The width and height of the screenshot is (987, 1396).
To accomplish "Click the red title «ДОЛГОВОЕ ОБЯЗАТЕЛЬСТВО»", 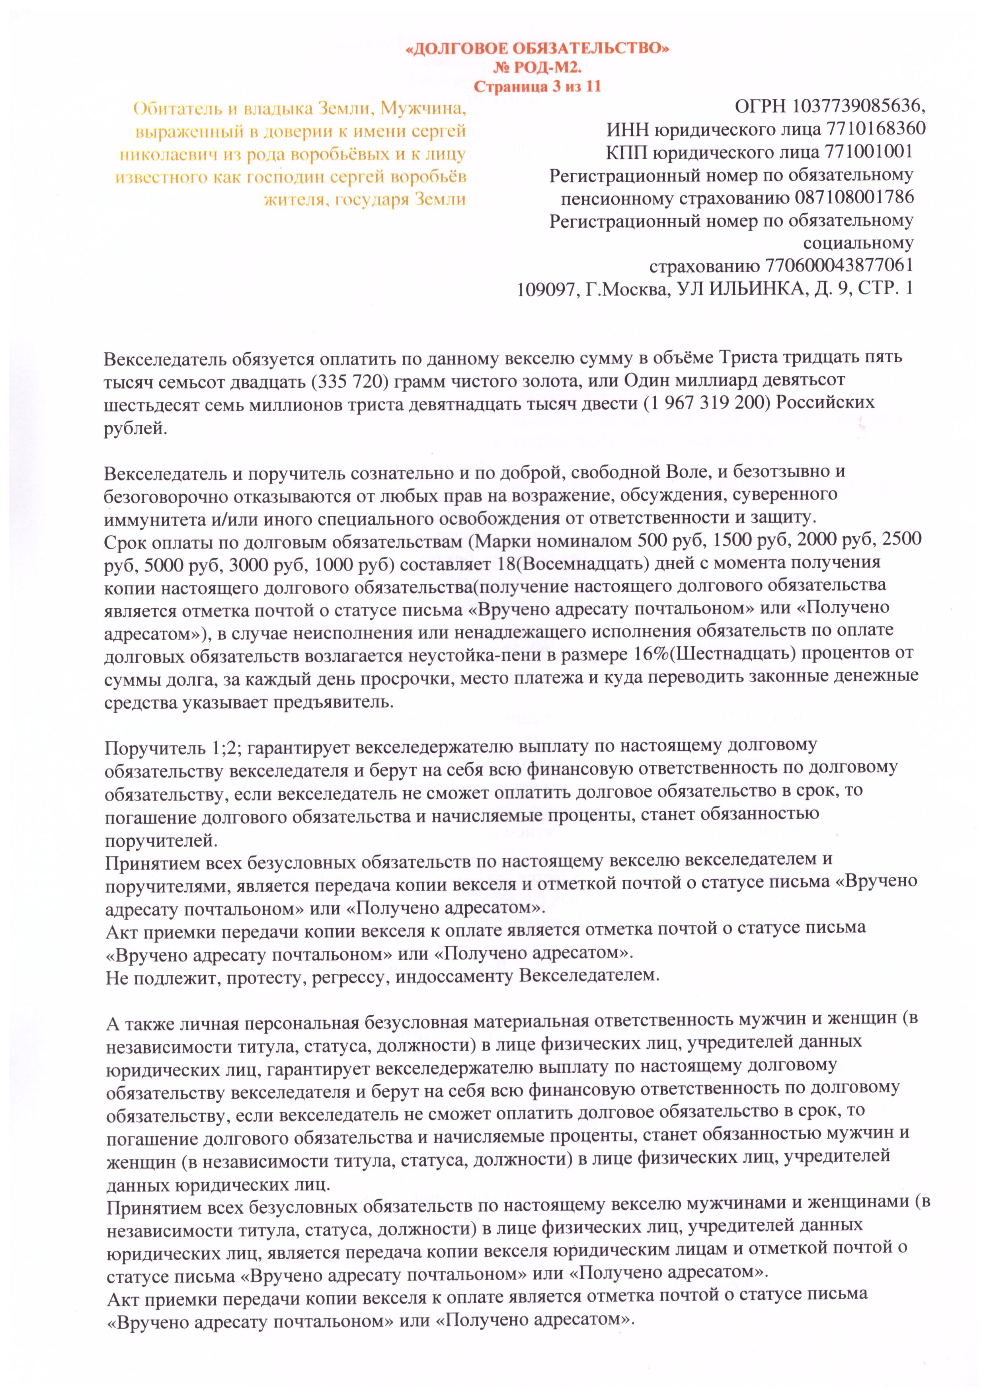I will (x=537, y=49).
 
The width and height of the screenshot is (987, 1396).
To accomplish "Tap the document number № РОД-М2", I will (x=537, y=68).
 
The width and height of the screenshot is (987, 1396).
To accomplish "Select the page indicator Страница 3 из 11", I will (x=537, y=86).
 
